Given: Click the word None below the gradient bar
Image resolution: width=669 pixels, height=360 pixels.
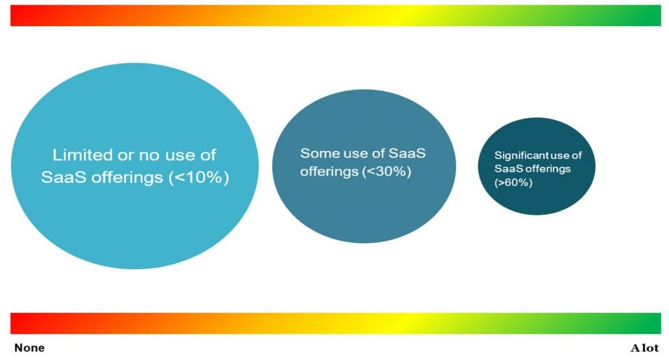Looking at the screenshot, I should pyautogui.click(x=29, y=348).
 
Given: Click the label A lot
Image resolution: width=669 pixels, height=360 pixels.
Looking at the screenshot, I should pyautogui.click(x=644, y=348).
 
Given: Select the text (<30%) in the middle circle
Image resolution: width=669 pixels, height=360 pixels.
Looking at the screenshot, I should pyautogui.click(x=386, y=172).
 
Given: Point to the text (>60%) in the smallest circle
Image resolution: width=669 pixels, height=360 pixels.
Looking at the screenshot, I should pyautogui.click(x=514, y=183).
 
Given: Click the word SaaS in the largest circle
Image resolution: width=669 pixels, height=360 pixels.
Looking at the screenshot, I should pyautogui.click(x=61, y=177).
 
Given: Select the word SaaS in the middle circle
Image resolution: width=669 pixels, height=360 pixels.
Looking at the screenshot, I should pyautogui.click(x=408, y=154).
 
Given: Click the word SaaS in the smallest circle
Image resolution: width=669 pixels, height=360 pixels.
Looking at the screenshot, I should pyautogui.click(x=506, y=169).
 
